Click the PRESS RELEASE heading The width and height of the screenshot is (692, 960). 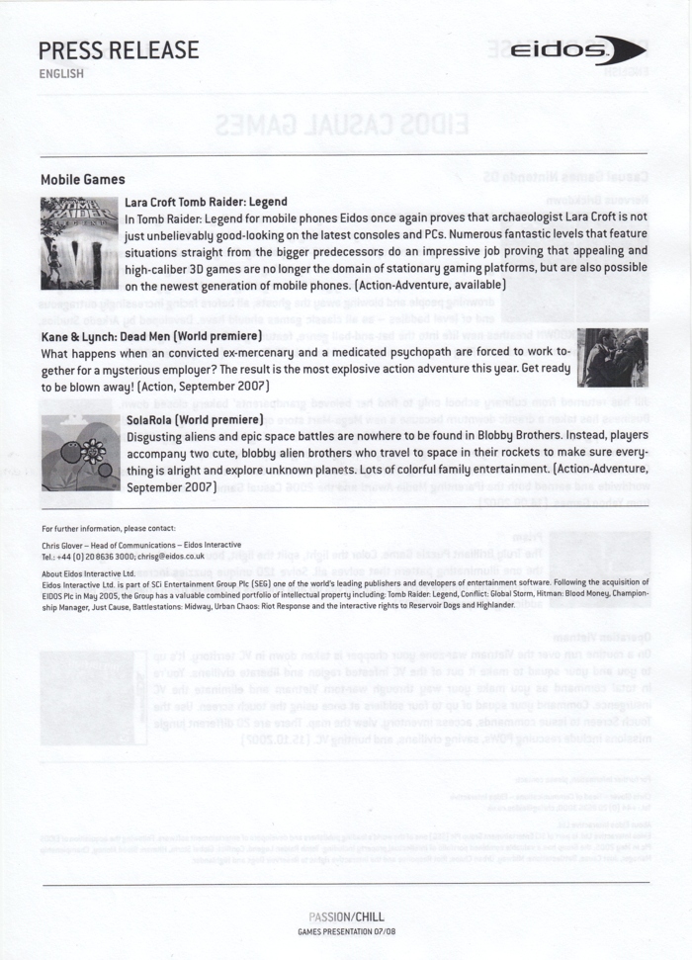119,49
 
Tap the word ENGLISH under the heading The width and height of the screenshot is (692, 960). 61,73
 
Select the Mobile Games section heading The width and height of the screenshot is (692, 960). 83,179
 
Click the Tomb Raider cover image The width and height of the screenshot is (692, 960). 79,243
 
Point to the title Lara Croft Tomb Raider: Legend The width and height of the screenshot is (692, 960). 206,202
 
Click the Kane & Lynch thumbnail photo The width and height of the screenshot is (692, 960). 612,357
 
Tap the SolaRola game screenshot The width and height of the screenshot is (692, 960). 79,454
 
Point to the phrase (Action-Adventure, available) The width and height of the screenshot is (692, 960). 430,285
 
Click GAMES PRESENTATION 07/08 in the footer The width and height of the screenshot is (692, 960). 345,932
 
